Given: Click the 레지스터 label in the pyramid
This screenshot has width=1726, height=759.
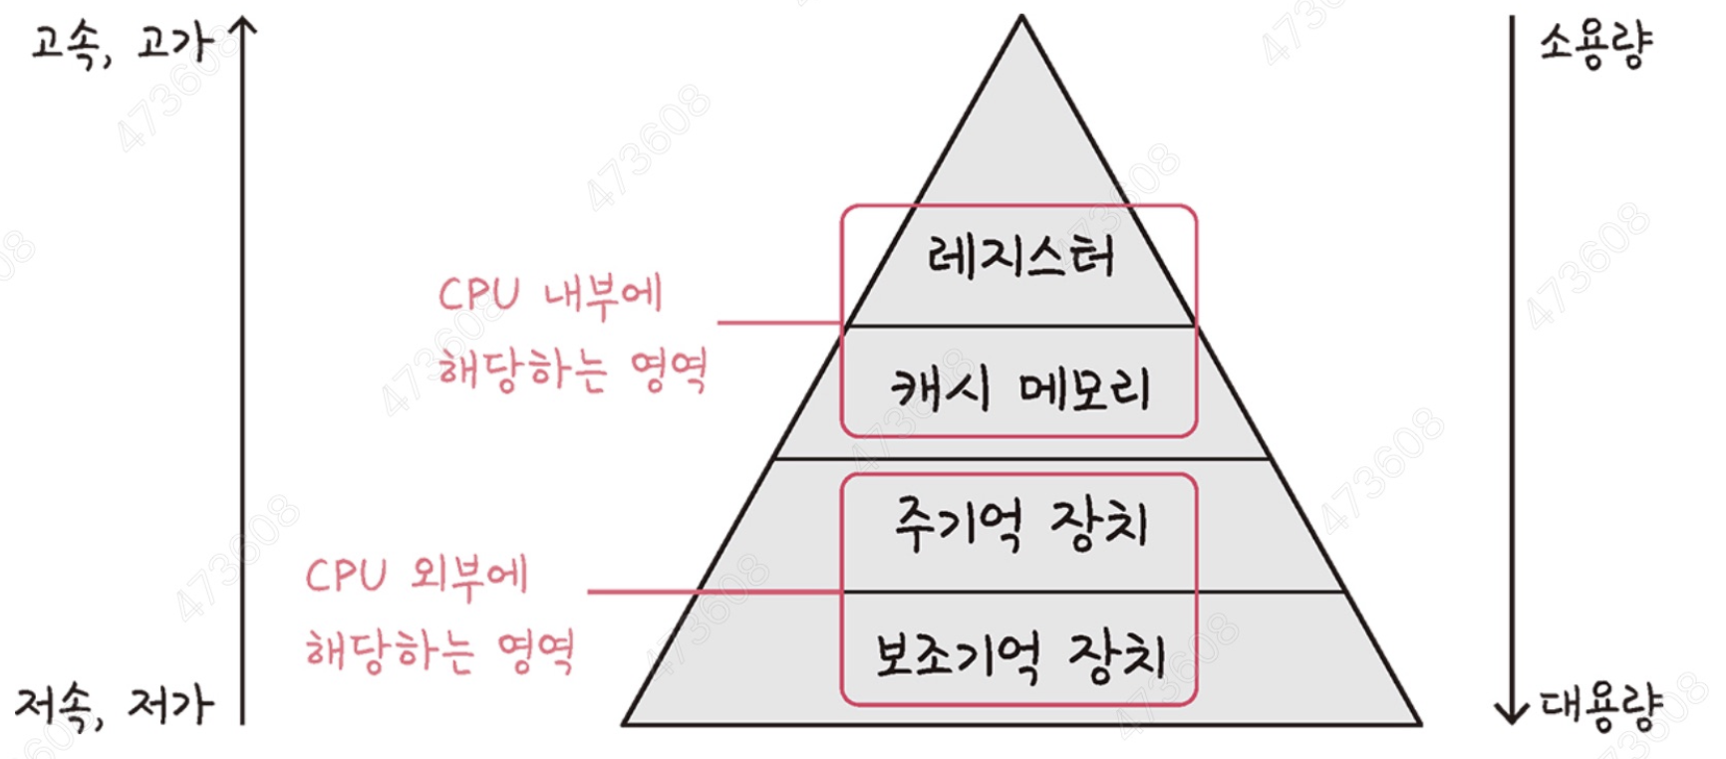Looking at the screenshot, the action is click(1020, 256).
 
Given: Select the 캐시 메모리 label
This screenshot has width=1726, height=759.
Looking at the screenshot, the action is click(1020, 388).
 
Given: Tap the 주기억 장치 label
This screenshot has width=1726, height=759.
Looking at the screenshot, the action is click(1020, 525).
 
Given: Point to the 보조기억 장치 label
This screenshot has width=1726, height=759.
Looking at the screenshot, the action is click(1020, 656).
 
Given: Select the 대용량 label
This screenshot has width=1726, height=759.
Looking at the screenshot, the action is click(1600, 706).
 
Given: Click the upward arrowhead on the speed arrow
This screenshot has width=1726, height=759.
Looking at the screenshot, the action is click(242, 28).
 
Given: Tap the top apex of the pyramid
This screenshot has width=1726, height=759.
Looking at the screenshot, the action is click(1020, 18).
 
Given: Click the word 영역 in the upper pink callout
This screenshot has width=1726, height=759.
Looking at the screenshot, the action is click(669, 372).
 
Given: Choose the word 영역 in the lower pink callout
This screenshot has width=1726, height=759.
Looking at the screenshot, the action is click(536, 652).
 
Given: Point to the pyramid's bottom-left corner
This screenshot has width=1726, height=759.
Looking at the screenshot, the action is click(626, 723).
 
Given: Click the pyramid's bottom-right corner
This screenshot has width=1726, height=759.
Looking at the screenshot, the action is click(1419, 723).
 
